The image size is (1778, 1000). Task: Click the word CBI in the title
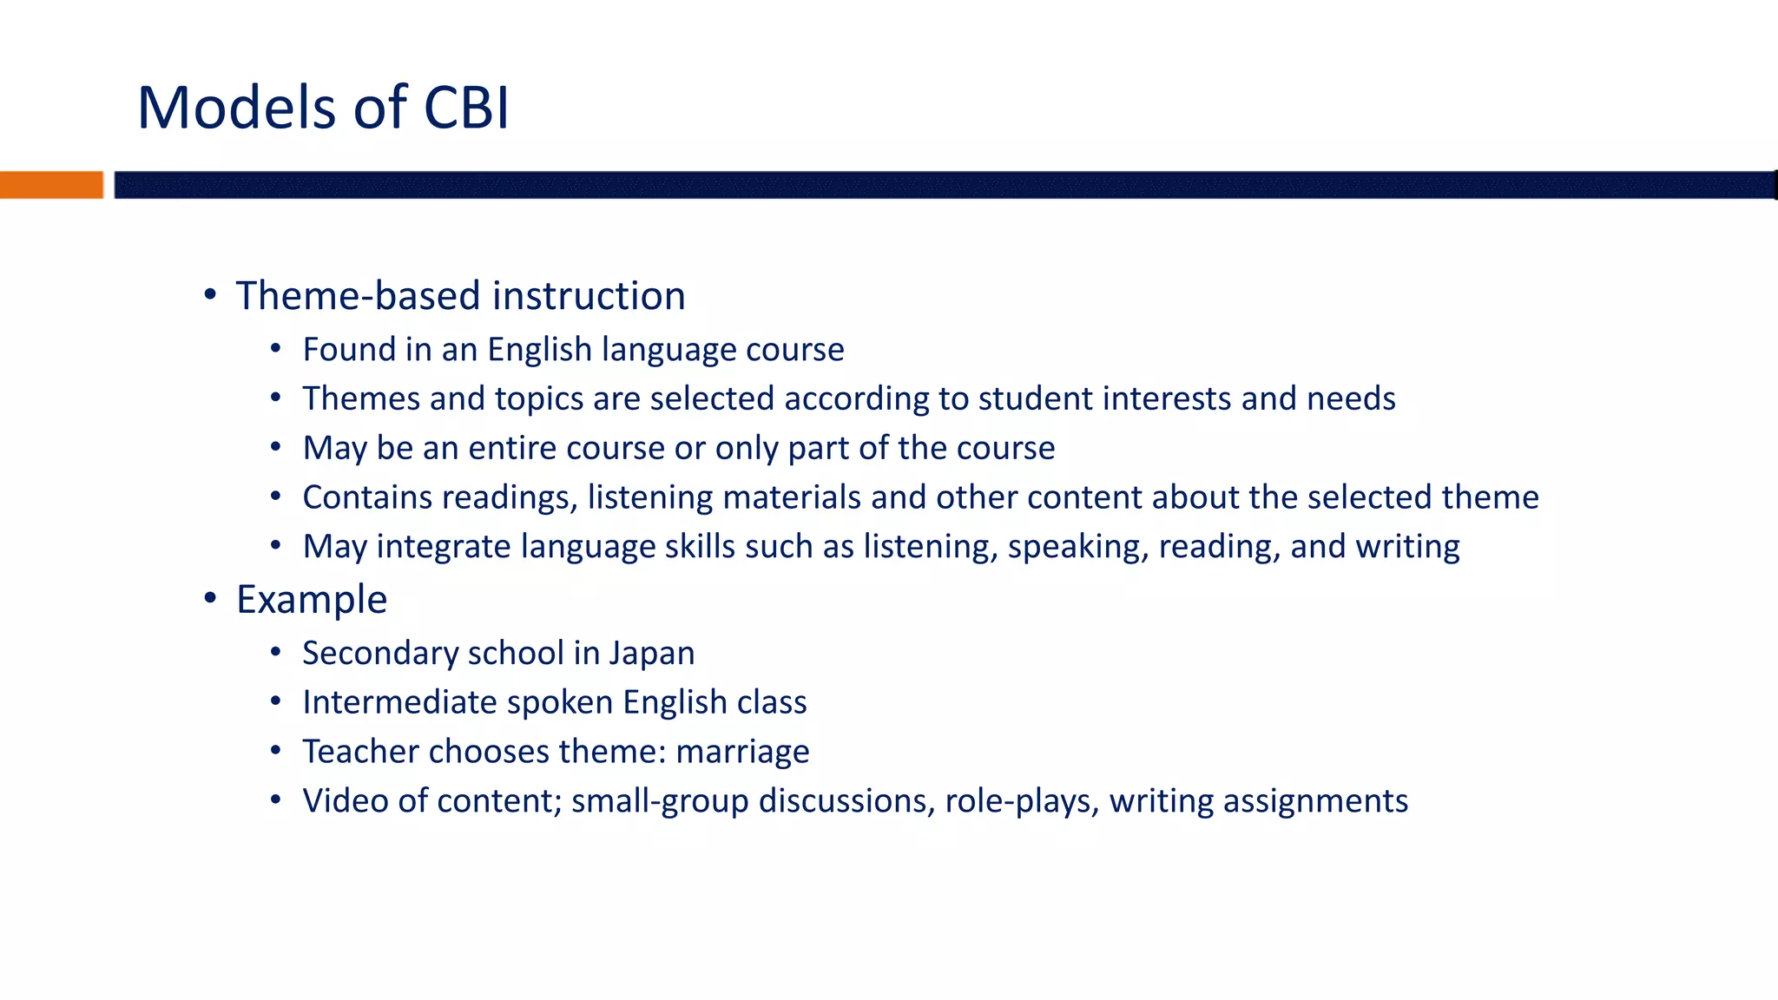(x=466, y=109)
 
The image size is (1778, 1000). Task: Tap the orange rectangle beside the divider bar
(x=51, y=185)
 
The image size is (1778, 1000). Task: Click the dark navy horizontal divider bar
(x=945, y=185)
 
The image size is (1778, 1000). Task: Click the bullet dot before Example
(x=210, y=598)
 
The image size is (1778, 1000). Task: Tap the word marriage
(x=742, y=752)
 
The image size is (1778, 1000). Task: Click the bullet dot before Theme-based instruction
(x=210, y=295)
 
